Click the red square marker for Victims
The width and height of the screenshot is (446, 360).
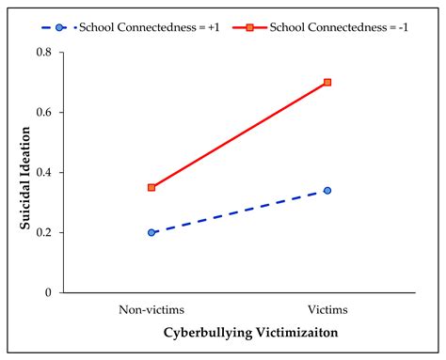[327, 83]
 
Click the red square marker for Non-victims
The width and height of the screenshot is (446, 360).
[151, 187]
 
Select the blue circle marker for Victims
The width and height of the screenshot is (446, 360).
[327, 191]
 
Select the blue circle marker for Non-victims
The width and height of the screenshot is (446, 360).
[151, 232]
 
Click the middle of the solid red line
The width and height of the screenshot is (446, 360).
[240, 134]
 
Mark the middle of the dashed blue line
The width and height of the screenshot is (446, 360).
[240, 211]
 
